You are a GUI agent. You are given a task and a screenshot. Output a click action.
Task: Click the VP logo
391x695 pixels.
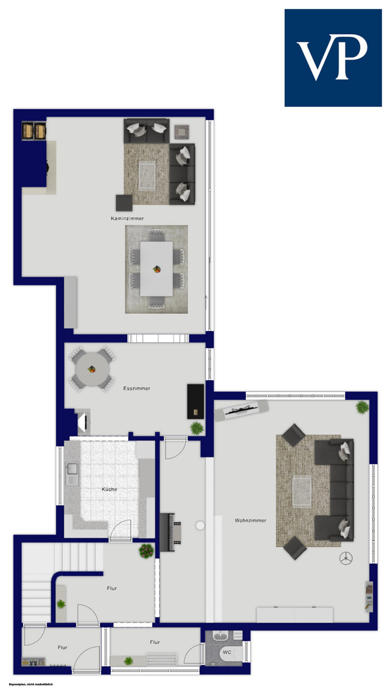click(333, 58)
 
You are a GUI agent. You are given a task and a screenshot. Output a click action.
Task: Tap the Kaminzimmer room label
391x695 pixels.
click(128, 218)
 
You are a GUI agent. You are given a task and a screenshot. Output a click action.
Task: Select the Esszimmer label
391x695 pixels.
click(137, 388)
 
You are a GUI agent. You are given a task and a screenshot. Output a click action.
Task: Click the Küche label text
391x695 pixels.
click(109, 489)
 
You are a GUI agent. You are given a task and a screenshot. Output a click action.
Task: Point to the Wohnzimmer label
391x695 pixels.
click(250, 521)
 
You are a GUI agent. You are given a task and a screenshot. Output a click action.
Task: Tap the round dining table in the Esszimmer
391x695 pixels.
click(93, 369)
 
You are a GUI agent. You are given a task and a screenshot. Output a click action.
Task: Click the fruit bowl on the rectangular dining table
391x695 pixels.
click(157, 269)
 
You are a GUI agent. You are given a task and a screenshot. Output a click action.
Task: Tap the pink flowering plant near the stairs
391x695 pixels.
click(146, 551)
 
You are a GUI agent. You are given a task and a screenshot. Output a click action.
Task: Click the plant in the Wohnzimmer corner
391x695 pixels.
click(362, 407)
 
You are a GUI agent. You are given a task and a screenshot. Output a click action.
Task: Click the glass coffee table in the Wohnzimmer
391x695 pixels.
click(302, 491)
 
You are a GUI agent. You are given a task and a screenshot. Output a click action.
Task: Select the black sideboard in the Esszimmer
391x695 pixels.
click(196, 402)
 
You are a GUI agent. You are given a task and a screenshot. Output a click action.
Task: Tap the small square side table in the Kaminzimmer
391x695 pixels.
click(182, 133)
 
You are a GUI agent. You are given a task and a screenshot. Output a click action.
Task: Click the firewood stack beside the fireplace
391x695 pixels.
click(34, 131)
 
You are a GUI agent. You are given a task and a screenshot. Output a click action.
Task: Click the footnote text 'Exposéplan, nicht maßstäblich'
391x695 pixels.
click(31, 684)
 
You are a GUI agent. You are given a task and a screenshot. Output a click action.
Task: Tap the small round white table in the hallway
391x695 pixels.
click(200, 525)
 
